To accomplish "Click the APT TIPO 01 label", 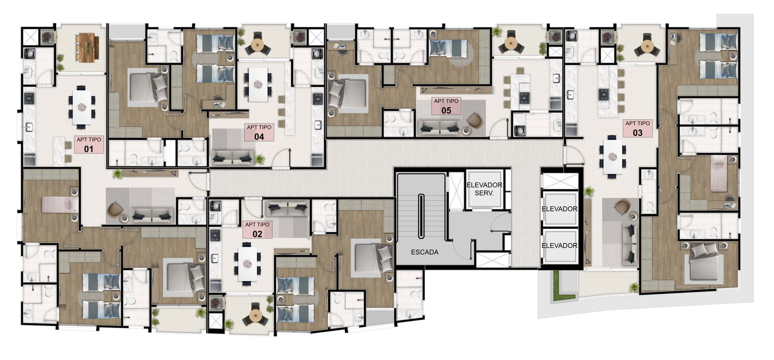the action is pos(89,144).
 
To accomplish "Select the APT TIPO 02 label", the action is pos(257,229).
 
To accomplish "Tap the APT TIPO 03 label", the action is pos(637,128).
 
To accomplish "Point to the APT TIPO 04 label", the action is pos(259,132).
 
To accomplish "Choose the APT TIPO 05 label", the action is pos(446,106).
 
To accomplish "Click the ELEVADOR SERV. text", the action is pos(484,189).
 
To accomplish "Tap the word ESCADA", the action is pos(424,252).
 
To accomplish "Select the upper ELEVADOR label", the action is pos(559,209).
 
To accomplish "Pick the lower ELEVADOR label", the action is pos(559,245).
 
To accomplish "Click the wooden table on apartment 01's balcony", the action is pos(88,48).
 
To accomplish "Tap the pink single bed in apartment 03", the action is pos(719,174).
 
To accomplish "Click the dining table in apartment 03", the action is pos(612,156).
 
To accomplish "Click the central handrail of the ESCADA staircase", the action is pos(421,217).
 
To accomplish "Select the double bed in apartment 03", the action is pos(703,261).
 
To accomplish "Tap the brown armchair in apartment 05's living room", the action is pos(474,120).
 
